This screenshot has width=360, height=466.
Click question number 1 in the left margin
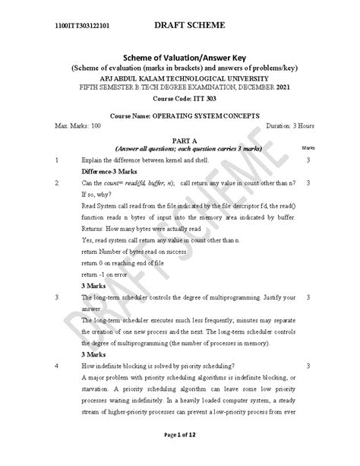point(58,161)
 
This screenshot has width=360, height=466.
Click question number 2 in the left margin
point(58,184)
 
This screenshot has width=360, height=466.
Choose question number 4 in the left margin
point(58,366)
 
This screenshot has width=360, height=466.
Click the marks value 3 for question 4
point(308,366)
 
